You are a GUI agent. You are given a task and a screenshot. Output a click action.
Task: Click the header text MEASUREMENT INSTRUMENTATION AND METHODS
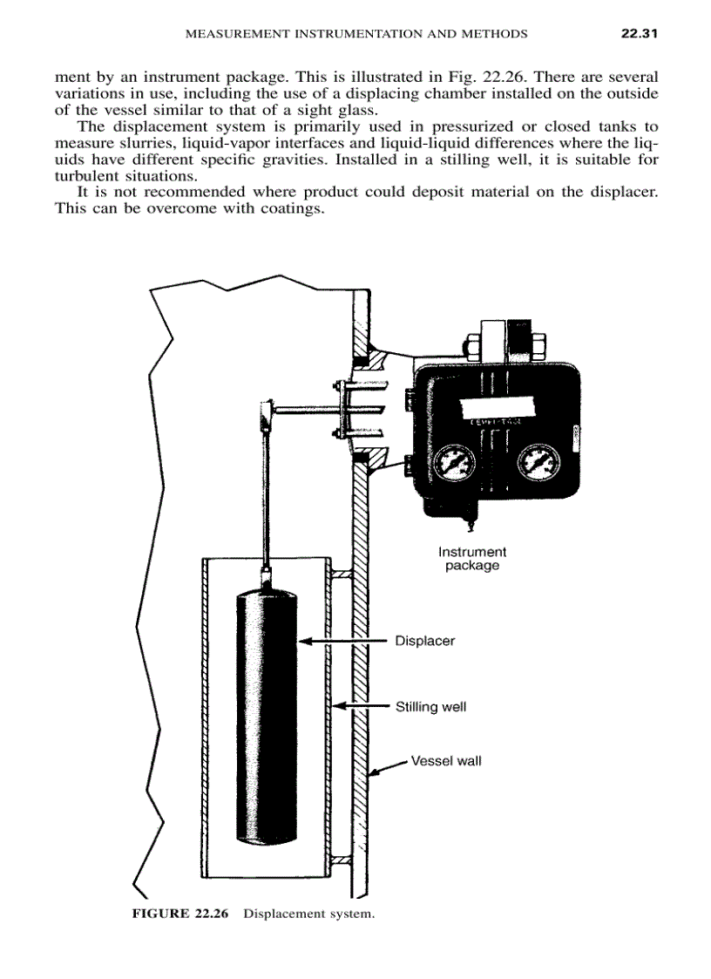tap(357, 34)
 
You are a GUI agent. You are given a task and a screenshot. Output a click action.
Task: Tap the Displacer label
tap(424, 641)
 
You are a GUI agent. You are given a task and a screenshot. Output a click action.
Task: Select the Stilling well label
tap(430, 706)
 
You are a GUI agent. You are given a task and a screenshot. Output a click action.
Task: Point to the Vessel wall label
tap(445, 761)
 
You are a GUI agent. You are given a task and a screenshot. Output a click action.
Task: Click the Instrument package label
tap(471, 559)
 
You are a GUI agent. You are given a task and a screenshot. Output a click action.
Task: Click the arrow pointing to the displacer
tap(343, 642)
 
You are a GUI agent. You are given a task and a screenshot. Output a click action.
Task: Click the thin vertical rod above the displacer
tap(264, 497)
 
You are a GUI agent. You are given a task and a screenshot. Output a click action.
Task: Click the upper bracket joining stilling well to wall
tap(341, 574)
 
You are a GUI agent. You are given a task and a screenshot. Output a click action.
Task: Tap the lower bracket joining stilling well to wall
tap(341, 860)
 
